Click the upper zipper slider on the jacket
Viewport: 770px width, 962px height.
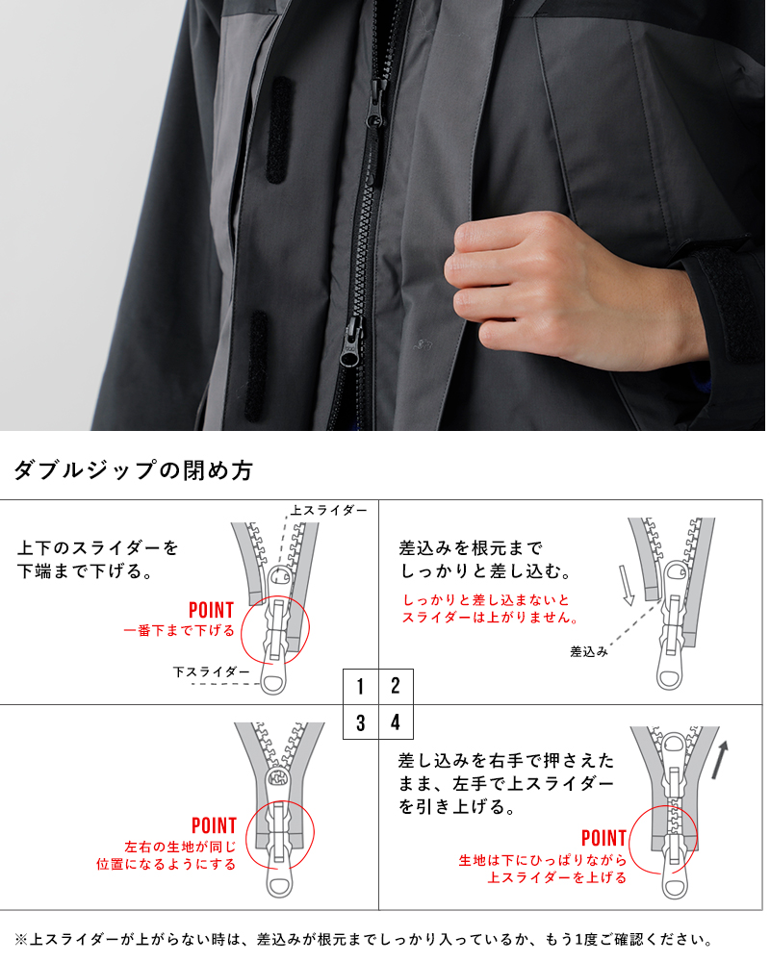pos(375,103)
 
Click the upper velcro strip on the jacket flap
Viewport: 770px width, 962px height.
pos(278,130)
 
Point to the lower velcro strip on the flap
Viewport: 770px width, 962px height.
pos(257,367)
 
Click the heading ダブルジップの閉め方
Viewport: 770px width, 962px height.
pos(133,470)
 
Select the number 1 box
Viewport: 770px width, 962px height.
pos(360,687)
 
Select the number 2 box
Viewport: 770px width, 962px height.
pos(396,687)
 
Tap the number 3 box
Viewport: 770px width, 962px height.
pos(360,722)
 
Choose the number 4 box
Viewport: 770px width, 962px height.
pos(396,722)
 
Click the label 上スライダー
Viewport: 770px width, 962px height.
pos(329,510)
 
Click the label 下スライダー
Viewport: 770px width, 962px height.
pos(211,671)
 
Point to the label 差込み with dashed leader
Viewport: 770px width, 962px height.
pos(589,651)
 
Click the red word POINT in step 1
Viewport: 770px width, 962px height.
pos(211,611)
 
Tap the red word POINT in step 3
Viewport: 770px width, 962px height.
pos(214,825)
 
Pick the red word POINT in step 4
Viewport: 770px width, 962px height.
pos(603,838)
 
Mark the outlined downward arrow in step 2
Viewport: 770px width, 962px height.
pos(627,585)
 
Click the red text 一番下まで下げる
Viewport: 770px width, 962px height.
pos(179,631)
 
